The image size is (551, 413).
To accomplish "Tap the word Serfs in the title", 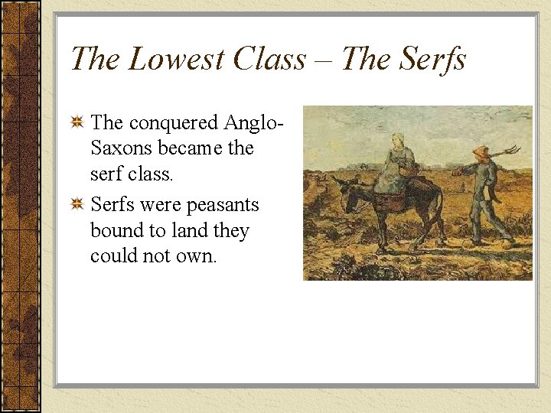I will click(429, 58).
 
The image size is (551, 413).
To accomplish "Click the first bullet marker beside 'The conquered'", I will click(77, 122).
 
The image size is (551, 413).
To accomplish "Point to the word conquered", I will click(174, 122).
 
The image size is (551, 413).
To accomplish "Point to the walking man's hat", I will click(481, 151).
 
